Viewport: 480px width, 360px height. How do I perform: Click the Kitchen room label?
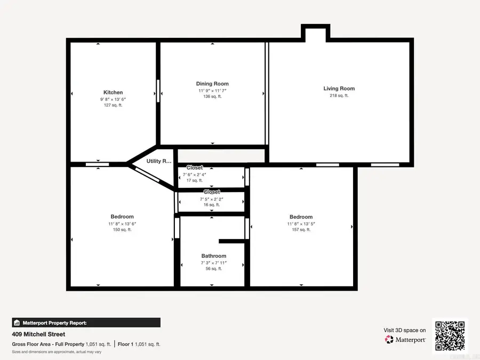pyautogui.click(x=113, y=93)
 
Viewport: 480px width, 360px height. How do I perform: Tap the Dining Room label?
pyautogui.click(x=212, y=84)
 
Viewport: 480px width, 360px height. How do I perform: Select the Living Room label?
pyautogui.click(x=339, y=89)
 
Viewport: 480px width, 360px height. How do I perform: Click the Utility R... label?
pyautogui.click(x=159, y=161)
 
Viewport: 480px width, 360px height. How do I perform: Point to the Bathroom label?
pyautogui.click(x=214, y=256)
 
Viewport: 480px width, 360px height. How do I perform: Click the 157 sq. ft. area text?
pyautogui.click(x=301, y=230)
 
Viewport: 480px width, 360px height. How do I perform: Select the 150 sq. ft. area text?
pyautogui.click(x=122, y=230)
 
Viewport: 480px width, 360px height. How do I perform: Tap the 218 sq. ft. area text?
pyautogui.click(x=339, y=96)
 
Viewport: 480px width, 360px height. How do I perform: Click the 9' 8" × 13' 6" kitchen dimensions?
pyautogui.click(x=113, y=99)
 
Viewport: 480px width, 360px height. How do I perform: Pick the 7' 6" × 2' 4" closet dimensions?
pyautogui.click(x=195, y=174)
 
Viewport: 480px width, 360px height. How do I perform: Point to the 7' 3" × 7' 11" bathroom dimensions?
pyautogui.click(x=214, y=263)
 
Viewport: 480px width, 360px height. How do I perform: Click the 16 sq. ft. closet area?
pyautogui.click(x=212, y=205)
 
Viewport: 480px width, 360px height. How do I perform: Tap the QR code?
pyautogui.click(x=450, y=335)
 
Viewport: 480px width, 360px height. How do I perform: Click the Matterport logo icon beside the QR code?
pyautogui.click(x=389, y=339)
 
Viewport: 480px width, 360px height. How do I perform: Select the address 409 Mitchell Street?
pyautogui.click(x=38, y=334)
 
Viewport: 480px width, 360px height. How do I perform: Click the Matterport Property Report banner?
pyautogui.click(x=86, y=323)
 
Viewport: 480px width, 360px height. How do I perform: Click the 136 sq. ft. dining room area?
pyautogui.click(x=212, y=97)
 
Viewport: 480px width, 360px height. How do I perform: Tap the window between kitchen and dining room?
pyautogui.click(x=158, y=91)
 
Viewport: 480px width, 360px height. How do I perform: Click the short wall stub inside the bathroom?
pyautogui.click(x=232, y=241)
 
